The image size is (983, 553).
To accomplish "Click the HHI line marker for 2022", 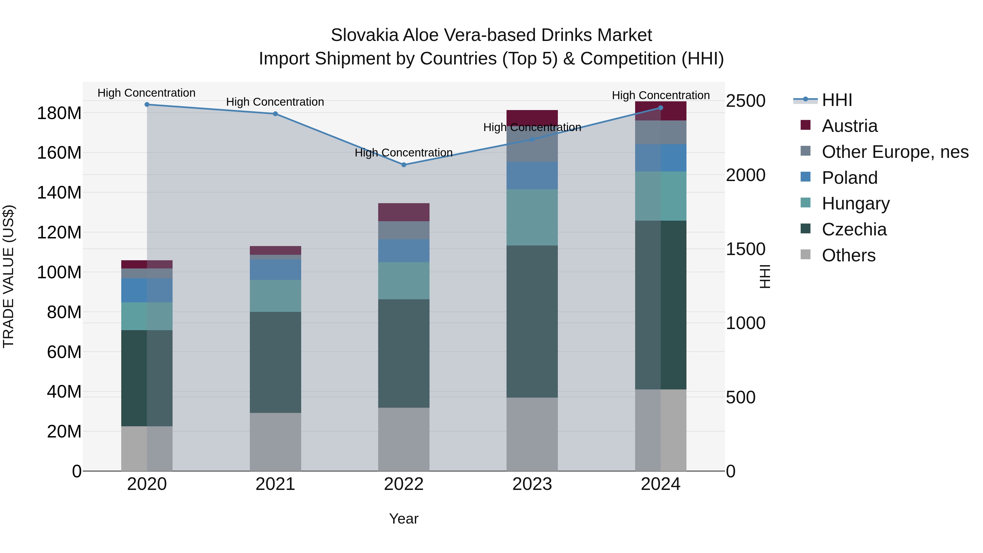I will pos(404,165).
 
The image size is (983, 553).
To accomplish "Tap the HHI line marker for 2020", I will pos(147,105).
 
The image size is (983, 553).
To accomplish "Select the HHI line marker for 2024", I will pos(661,108).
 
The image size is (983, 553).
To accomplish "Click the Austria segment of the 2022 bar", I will pos(404,212).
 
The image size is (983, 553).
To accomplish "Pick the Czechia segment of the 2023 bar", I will pos(532,321).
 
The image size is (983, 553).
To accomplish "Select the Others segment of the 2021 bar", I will pos(275,442).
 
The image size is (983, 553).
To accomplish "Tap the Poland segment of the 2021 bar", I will pos(275,270).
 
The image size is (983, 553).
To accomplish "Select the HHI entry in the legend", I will pos(837,100).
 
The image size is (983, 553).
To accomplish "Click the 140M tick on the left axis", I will pos(59,192).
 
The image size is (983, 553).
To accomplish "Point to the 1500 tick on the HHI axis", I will pos(745,249).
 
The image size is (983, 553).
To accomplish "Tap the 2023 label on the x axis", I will pos(532,484).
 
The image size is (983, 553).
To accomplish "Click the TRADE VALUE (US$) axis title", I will pos(8,276).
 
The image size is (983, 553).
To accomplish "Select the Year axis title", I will pos(404,519).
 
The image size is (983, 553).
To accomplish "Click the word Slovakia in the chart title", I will pos(365,35).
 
